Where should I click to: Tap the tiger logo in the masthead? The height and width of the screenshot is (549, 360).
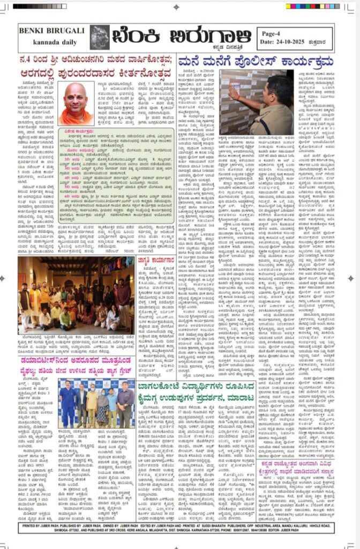[100, 37]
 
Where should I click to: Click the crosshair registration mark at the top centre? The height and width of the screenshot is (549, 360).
[177, 7]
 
